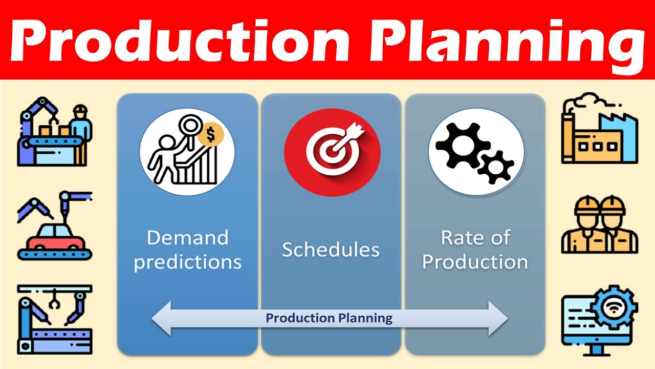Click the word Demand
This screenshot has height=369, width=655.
(x=187, y=238)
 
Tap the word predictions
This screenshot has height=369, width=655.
(x=187, y=262)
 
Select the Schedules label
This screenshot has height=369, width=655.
(x=331, y=250)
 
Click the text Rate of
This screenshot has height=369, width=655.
(x=475, y=238)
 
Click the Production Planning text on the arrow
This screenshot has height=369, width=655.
(x=329, y=318)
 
